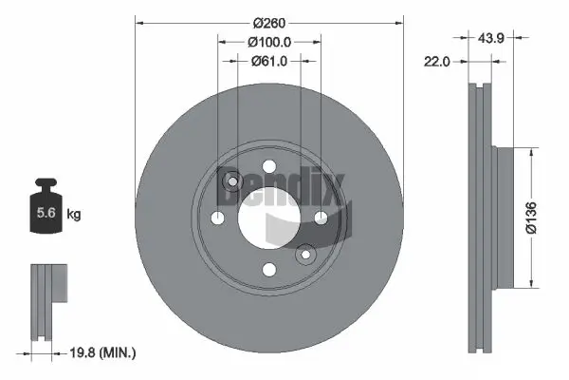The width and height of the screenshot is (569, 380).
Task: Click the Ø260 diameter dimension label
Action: pos(268,20)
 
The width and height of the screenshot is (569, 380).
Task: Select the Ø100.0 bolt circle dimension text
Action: pos(268,42)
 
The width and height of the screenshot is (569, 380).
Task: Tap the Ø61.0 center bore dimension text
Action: pos(268,62)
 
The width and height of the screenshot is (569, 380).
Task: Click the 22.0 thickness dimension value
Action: pos(437,62)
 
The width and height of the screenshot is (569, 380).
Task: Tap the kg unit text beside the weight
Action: pos(74,215)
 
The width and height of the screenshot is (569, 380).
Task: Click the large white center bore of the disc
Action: pos(269,218)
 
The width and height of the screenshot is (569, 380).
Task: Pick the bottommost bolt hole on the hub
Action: pos(269,270)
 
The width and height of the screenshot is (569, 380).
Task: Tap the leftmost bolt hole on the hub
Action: pos(218,218)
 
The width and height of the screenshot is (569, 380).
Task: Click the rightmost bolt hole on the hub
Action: pos(321,218)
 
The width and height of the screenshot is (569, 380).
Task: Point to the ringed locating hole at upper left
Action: pos(231,181)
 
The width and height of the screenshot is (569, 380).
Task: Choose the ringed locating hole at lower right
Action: pos(306,255)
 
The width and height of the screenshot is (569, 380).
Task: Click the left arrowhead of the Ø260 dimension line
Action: pos(139,20)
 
